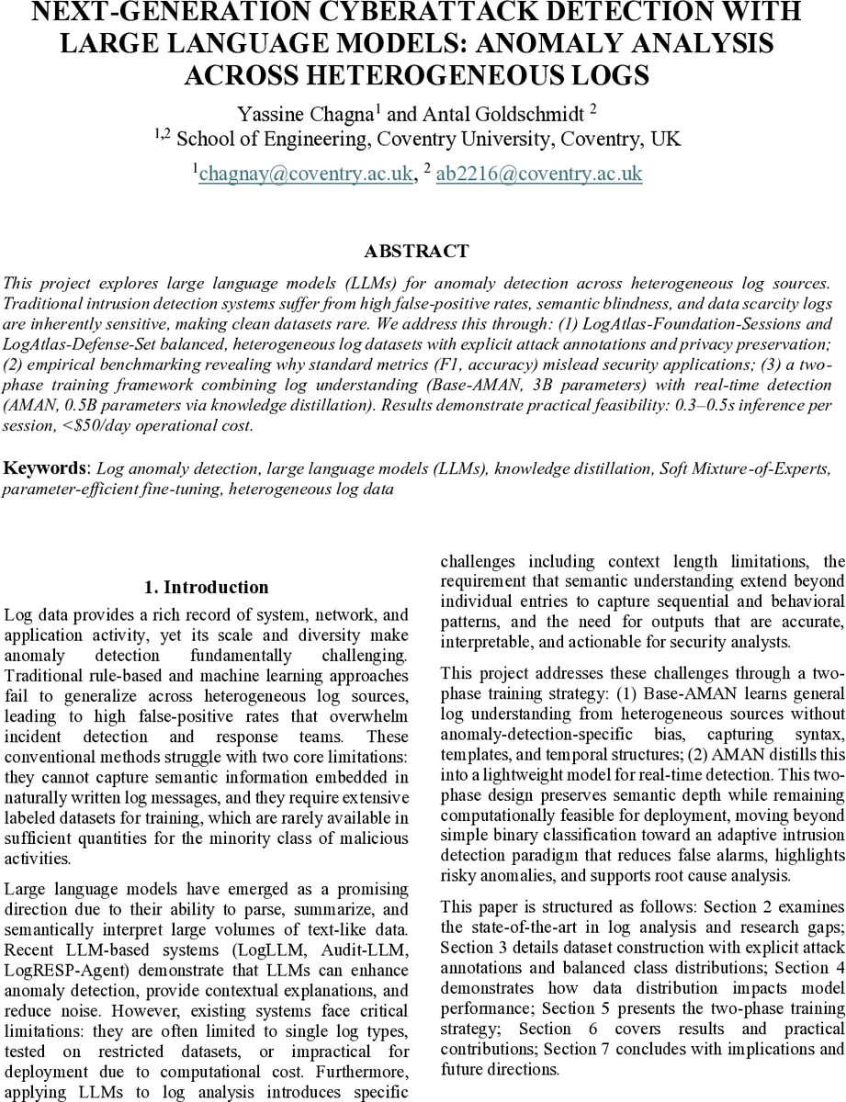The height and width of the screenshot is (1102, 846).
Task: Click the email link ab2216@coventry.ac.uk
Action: (x=539, y=174)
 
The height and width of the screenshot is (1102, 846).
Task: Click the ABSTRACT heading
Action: (x=416, y=252)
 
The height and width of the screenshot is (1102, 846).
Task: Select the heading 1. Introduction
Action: (x=207, y=588)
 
